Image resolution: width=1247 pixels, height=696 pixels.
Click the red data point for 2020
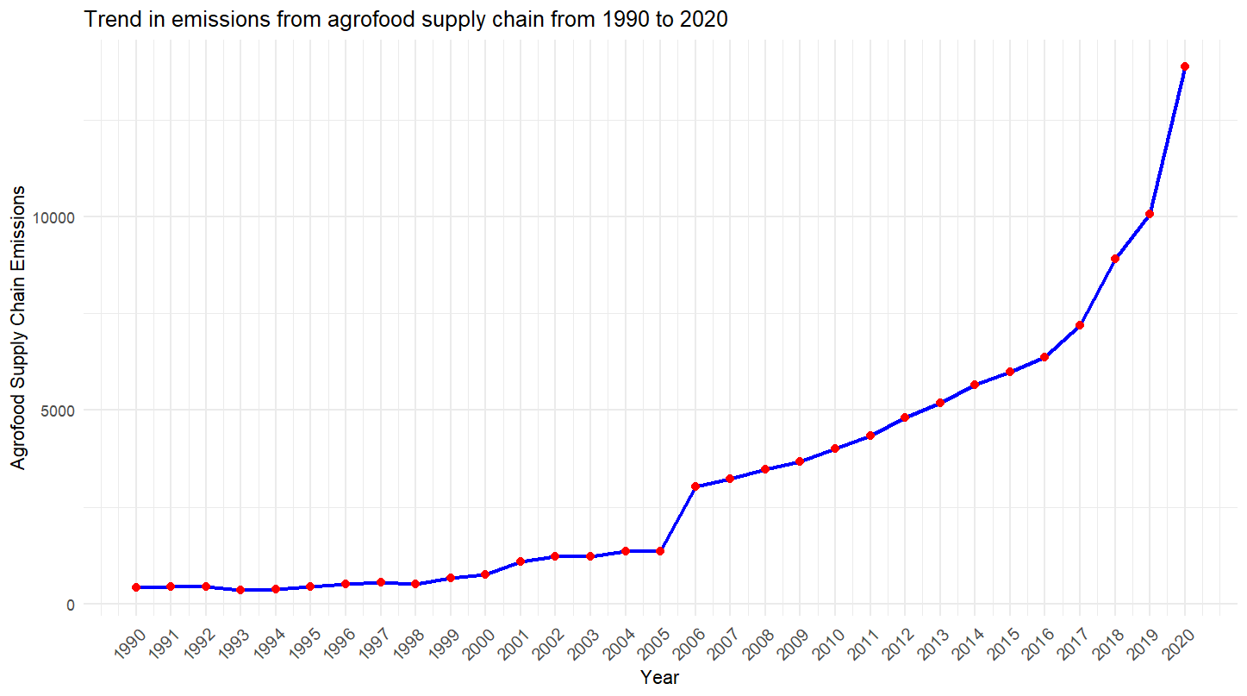pyautogui.click(x=1184, y=66)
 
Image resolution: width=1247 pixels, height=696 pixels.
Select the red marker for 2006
pyautogui.click(x=695, y=486)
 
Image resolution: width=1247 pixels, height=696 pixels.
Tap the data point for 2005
pyautogui.click(x=660, y=550)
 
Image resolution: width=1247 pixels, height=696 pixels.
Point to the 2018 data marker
pyautogui.click(x=1114, y=259)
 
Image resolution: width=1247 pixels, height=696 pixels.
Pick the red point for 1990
pyautogui.click(x=136, y=587)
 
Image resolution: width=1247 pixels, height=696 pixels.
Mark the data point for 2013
pyautogui.click(x=939, y=403)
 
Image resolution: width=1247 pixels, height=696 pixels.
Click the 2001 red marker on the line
pyautogui.click(x=521, y=561)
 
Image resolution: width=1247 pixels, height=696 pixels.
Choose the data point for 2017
pyautogui.click(x=1079, y=325)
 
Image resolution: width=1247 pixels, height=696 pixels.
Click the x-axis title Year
pyautogui.click(x=659, y=678)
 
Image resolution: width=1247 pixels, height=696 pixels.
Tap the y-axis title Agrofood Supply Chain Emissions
pyautogui.click(x=19, y=328)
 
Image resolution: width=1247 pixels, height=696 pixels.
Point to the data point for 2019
pyautogui.click(x=1150, y=214)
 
